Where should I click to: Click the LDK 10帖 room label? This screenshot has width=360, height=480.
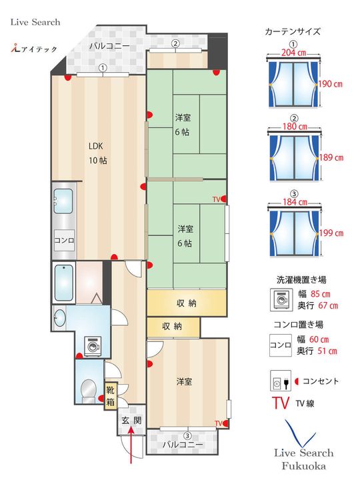[x=98, y=154]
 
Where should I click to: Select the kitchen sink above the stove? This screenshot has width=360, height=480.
[x=64, y=199]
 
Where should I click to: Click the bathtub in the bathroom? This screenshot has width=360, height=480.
[x=63, y=283]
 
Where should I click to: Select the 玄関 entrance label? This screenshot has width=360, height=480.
[x=131, y=421]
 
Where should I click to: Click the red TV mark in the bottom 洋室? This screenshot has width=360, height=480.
[x=219, y=423]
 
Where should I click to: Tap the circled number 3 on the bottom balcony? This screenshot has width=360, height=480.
[x=187, y=436]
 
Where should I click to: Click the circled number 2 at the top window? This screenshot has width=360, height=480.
[x=175, y=44]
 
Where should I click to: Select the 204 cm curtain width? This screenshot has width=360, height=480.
[x=293, y=52]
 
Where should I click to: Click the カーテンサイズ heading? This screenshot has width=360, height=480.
[x=293, y=31]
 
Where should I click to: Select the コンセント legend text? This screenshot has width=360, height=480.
[x=320, y=382]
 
